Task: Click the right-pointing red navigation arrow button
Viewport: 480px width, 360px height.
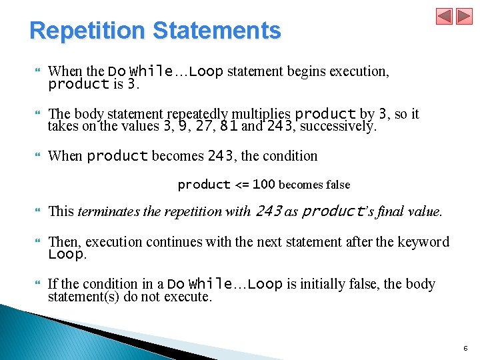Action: coord(463,16)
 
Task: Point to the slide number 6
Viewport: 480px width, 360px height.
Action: coord(465,349)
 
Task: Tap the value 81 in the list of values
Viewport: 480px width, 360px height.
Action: coord(228,126)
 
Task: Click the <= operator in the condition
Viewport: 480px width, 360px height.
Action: coord(242,185)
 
